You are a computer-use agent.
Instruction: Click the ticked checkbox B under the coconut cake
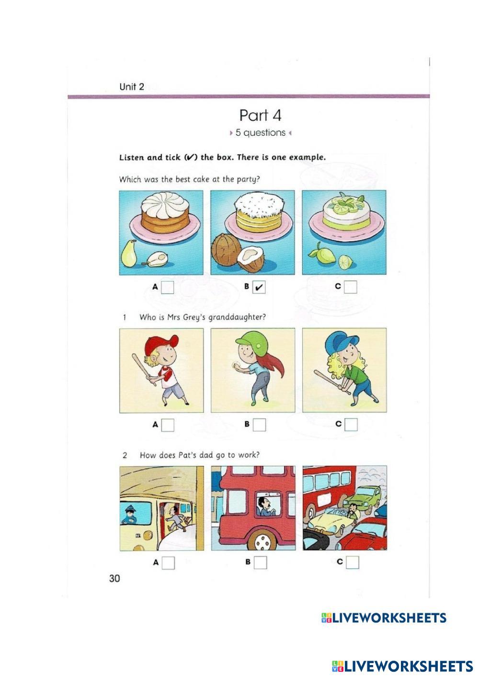coord(259,287)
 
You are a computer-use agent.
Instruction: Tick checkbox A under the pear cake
coord(168,287)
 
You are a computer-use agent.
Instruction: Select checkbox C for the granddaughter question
coord(351,425)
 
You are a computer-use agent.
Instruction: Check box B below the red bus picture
coord(260,562)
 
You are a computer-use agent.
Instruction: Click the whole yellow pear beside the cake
coord(129,253)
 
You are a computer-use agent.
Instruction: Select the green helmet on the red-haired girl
coord(251,341)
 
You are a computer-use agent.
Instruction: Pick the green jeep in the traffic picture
coord(364,498)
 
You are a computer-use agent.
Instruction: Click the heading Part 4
coord(260,116)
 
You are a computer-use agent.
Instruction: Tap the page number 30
coord(114,578)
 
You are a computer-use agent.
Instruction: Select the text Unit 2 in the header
coord(132,87)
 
